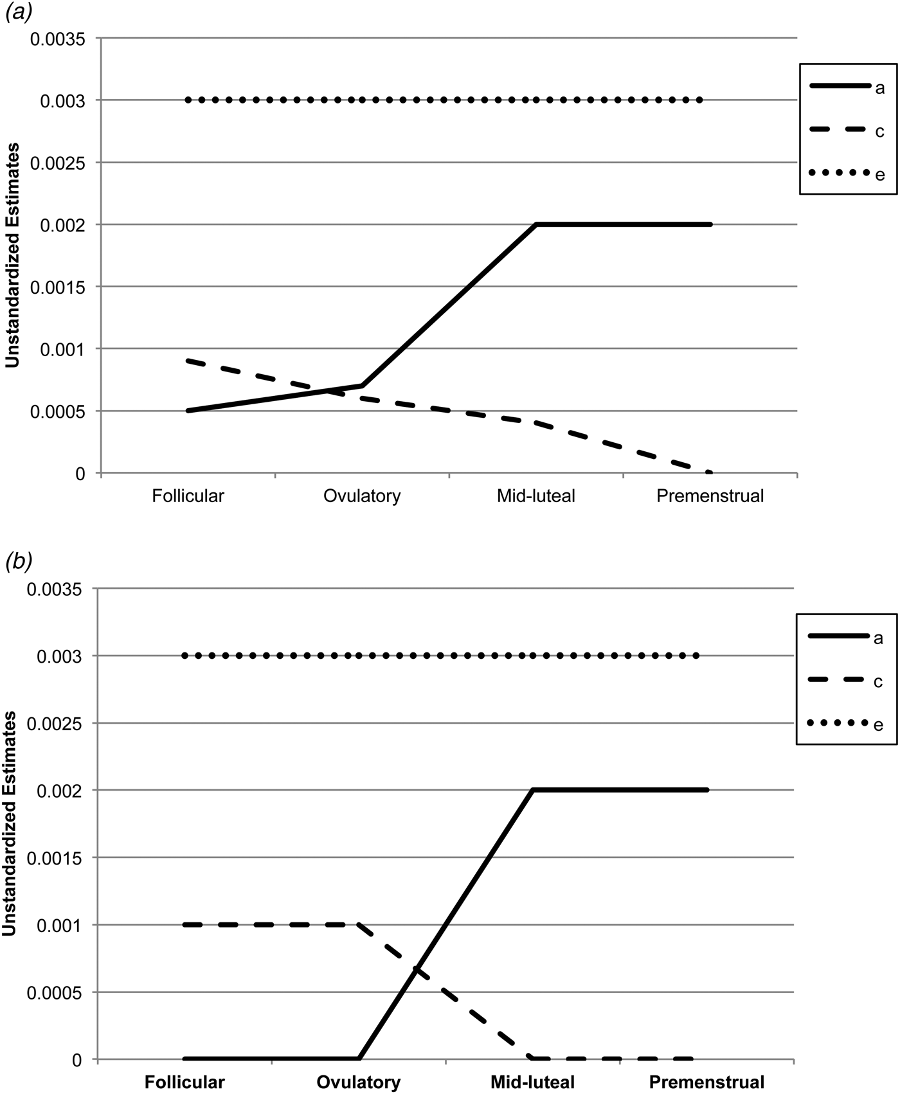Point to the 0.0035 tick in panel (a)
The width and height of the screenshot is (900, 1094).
(58, 39)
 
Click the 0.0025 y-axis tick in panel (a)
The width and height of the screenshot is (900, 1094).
(58, 163)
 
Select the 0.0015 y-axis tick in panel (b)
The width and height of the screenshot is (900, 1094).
(58, 857)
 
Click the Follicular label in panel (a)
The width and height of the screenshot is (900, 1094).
(188, 496)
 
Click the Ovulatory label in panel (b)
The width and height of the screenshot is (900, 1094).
(358, 1082)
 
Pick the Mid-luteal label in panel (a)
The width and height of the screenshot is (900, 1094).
(535, 496)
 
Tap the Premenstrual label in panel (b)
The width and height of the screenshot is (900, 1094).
(706, 1082)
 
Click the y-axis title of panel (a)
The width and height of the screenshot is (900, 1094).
(12, 256)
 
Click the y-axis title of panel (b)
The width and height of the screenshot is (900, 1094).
(12, 826)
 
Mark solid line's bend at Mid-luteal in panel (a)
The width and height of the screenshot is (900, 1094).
(536, 224)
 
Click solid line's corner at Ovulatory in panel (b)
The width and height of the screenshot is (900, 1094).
(359, 1059)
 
